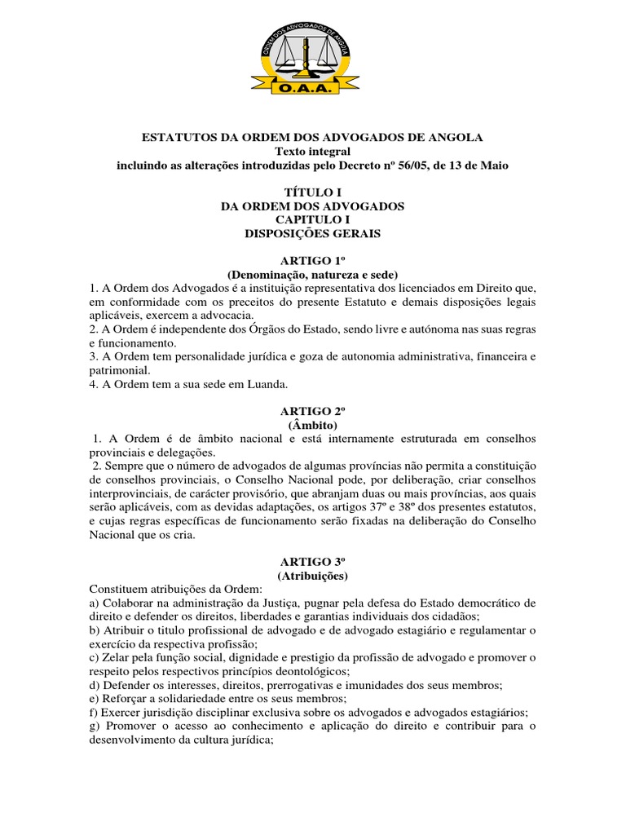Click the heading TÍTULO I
[312, 192]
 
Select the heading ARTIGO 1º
[312, 260]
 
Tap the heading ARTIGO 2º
[312, 411]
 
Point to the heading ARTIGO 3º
[312, 562]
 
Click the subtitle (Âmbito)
[312, 425]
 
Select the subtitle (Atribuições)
[312, 576]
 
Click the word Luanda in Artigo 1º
[270, 384]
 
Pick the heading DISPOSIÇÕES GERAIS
[312, 233]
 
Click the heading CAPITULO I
[312, 219]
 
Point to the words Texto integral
[312, 151]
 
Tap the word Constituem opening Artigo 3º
[119, 590]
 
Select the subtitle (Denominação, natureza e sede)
[312, 274]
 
